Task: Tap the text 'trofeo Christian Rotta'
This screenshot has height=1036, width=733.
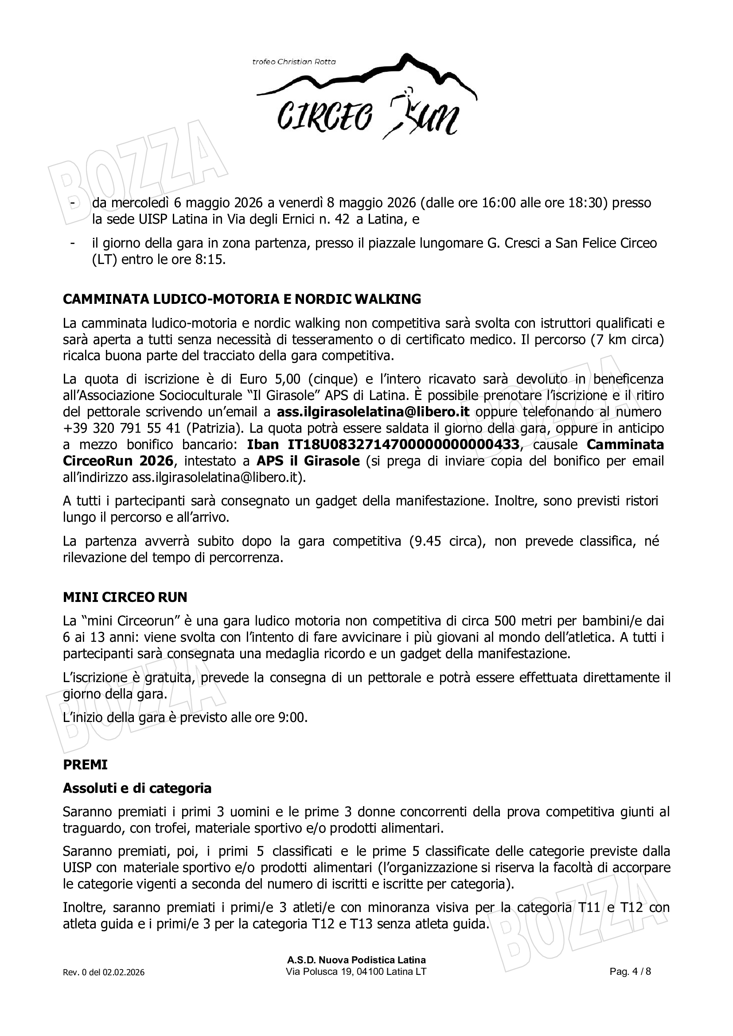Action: click(294, 62)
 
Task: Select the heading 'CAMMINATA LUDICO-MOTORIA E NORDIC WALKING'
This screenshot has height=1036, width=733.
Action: click(242, 299)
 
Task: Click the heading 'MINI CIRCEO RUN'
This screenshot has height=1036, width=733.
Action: click(125, 598)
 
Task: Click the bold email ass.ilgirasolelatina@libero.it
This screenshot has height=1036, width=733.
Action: click(373, 412)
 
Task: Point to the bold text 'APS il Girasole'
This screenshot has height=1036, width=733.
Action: click(308, 461)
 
